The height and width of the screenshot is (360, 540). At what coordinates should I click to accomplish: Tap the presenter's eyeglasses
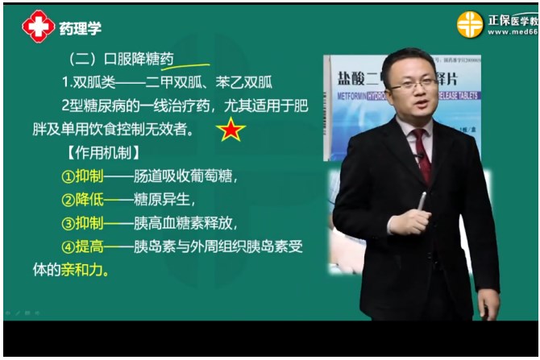tap(411, 83)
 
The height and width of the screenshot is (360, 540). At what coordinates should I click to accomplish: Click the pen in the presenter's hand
tap(422, 201)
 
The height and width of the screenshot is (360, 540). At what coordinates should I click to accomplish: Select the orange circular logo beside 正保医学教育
tap(470, 24)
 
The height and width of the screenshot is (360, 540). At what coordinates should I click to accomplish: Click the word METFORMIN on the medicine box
tap(347, 94)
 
